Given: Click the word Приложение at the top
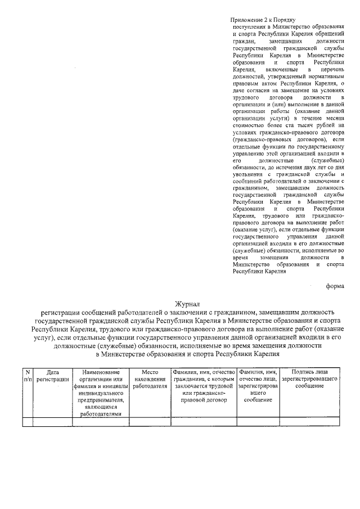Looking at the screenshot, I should coord(249,19).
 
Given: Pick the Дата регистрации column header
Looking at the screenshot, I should coord(52,376).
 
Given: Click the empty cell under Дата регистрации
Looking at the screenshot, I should coord(52,422).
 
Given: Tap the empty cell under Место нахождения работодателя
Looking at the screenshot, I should coord(150,422).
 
